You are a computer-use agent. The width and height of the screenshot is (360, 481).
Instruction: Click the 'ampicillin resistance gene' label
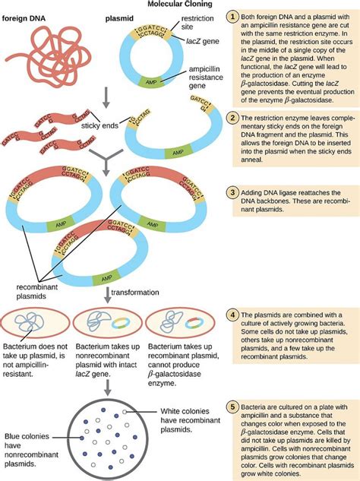pos(191,71)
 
